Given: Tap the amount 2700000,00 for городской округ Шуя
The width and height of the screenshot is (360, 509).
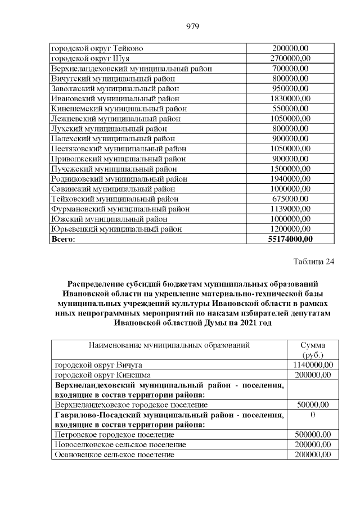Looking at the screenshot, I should click(290, 58).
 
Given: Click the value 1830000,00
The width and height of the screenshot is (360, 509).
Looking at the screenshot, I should click(290, 98).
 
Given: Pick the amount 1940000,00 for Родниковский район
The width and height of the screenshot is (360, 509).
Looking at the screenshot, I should click(290, 179).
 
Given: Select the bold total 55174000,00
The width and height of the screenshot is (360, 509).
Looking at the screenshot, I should click(290, 239).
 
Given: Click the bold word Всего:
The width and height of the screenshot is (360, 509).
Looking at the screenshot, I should click(63, 239).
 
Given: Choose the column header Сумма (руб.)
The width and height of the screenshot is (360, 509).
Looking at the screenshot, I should click(312, 350).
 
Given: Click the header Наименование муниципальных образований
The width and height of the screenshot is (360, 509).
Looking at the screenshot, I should click(169, 345).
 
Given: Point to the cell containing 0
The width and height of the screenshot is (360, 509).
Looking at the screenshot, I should click(312, 415).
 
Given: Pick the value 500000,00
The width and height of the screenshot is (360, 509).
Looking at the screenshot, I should click(313, 435).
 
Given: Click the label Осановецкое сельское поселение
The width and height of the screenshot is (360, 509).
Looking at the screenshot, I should click(113, 454).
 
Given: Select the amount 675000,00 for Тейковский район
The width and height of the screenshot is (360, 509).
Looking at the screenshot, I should click(290, 199).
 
